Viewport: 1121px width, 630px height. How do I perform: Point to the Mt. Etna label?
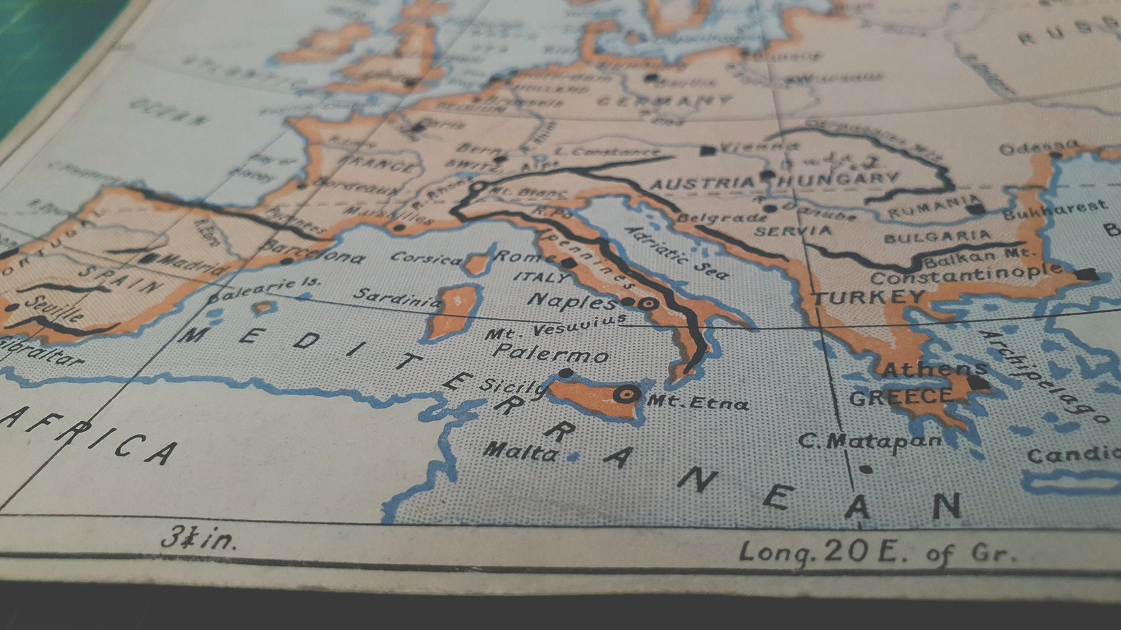698,403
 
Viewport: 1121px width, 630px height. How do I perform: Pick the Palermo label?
551,353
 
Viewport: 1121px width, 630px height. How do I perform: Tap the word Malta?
521,451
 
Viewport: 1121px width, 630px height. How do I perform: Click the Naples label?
572,301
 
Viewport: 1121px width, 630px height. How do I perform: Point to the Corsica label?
426,259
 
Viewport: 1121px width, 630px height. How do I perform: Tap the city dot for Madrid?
148,258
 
